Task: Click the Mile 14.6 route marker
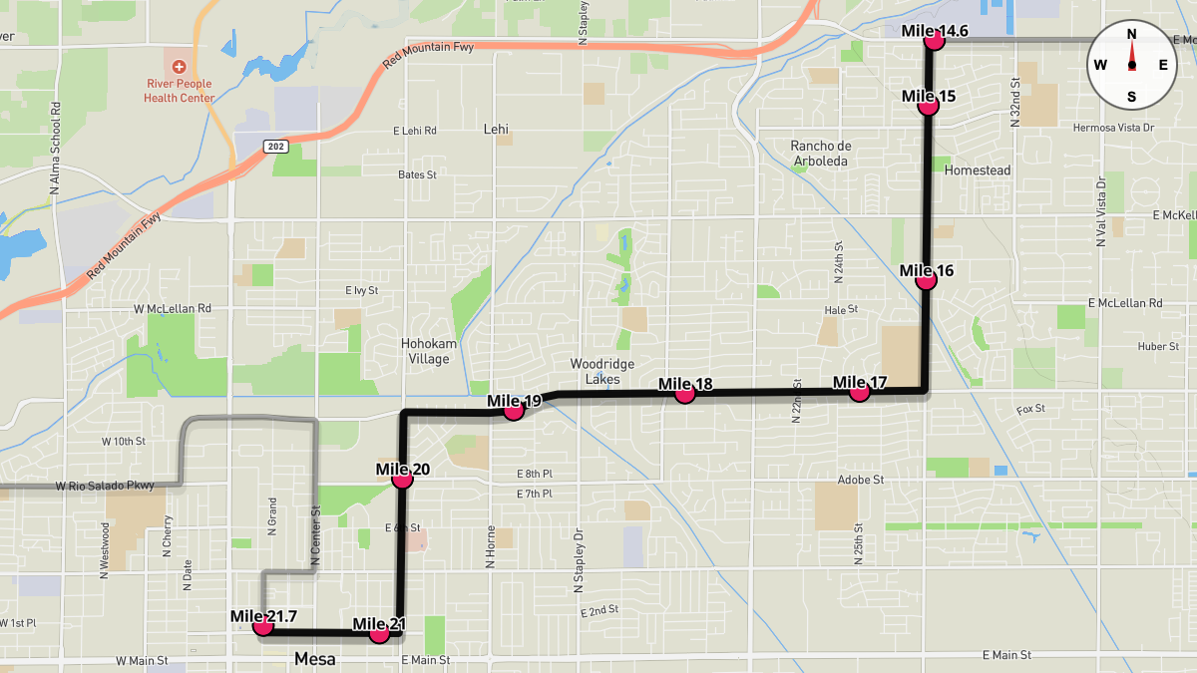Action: tap(935, 41)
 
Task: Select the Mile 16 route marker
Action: tap(927, 280)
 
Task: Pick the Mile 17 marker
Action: tap(859, 392)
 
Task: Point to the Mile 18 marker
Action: tap(684, 394)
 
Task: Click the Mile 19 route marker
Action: tap(514, 410)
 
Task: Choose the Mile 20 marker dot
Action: tap(403, 479)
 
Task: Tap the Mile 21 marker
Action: tap(379, 633)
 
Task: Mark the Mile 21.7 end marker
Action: tap(263, 626)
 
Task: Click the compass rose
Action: tap(1131, 65)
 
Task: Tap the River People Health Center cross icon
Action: tap(179, 66)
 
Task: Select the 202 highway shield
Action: tap(276, 147)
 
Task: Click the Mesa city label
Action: tap(315, 659)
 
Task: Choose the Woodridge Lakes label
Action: tap(602, 371)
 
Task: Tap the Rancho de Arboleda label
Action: tap(819, 153)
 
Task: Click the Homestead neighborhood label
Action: tap(977, 170)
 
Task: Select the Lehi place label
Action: tap(496, 129)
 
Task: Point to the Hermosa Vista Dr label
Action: tap(1112, 128)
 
